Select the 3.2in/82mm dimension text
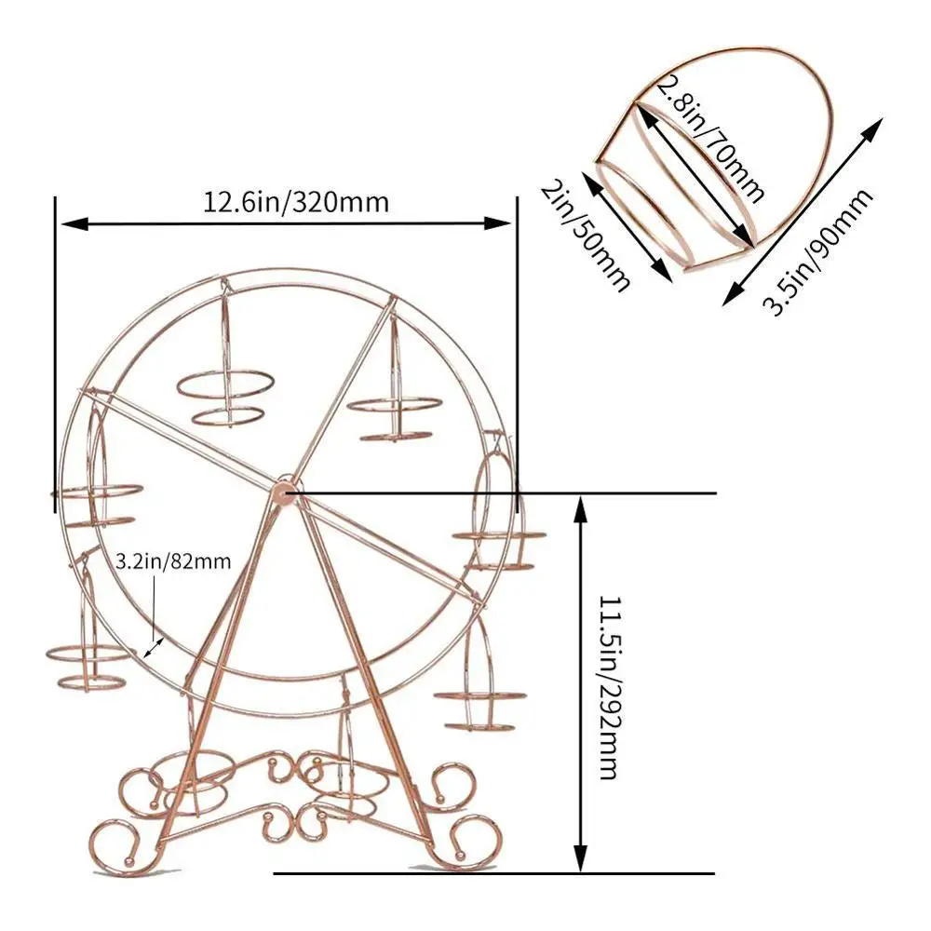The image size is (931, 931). [173, 561]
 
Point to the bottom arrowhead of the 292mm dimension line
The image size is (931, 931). [581, 862]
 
